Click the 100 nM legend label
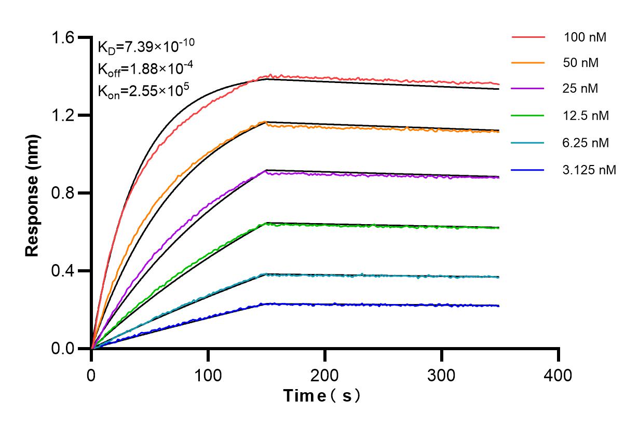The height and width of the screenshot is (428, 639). (x=585, y=37)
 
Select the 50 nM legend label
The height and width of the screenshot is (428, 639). (x=581, y=63)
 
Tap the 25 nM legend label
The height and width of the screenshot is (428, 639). (x=581, y=89)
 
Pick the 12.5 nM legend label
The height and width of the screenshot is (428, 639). (x=586, y=115)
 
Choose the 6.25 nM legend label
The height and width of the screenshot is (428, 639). (x=586, y=142)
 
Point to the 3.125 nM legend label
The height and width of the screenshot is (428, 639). (x=589, y=169)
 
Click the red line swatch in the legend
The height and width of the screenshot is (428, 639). (x=528, y=37)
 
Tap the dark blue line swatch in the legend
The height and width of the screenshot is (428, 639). (x=528, y=169)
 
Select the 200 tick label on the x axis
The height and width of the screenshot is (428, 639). (x=325, y=375)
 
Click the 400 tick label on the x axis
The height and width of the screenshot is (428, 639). (x=559, y=375)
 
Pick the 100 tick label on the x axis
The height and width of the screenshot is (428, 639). (x=208, y=375)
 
